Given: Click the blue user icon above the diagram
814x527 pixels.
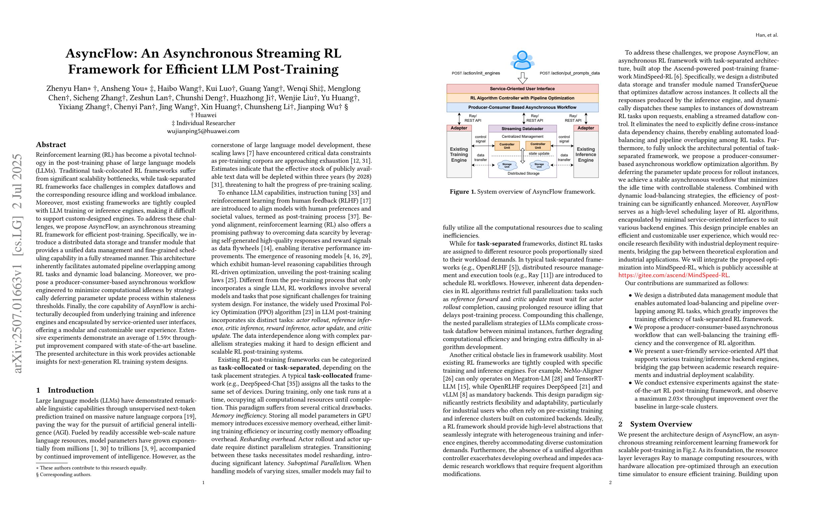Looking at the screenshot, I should [x=522, y=60].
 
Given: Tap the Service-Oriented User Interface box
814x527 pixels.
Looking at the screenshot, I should [x=522, y=88].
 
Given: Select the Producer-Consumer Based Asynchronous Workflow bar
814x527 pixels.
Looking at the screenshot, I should [x=522, y=107].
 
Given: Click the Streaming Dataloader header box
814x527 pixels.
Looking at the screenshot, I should [x=522, y=129].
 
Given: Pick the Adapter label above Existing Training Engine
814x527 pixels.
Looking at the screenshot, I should [x=459, y=128].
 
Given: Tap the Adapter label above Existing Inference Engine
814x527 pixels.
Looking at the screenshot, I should [x=586, y=128].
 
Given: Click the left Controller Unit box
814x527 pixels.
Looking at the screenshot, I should [x=507, y=146].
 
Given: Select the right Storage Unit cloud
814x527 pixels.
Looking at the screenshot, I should [x=539, y=166].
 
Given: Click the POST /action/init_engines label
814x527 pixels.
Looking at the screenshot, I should [x=476, y=73].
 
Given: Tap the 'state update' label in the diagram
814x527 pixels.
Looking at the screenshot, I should [x=539, y=154].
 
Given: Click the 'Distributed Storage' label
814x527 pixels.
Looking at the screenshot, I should [x=523, y=173].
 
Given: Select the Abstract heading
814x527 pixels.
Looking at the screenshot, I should [x=51, y=144].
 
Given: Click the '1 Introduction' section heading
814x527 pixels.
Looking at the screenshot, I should [x=65, y=390].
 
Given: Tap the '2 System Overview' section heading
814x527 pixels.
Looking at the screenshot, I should [x=655, y=424].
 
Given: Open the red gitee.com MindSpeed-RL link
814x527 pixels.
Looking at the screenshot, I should [x=673, y=275].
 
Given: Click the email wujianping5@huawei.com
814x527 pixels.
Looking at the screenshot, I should [x=203, y=131].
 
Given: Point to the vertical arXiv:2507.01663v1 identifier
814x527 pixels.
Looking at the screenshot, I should [x=17, y=263].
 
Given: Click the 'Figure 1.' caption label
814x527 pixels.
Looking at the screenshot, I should [x=463, y=192].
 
